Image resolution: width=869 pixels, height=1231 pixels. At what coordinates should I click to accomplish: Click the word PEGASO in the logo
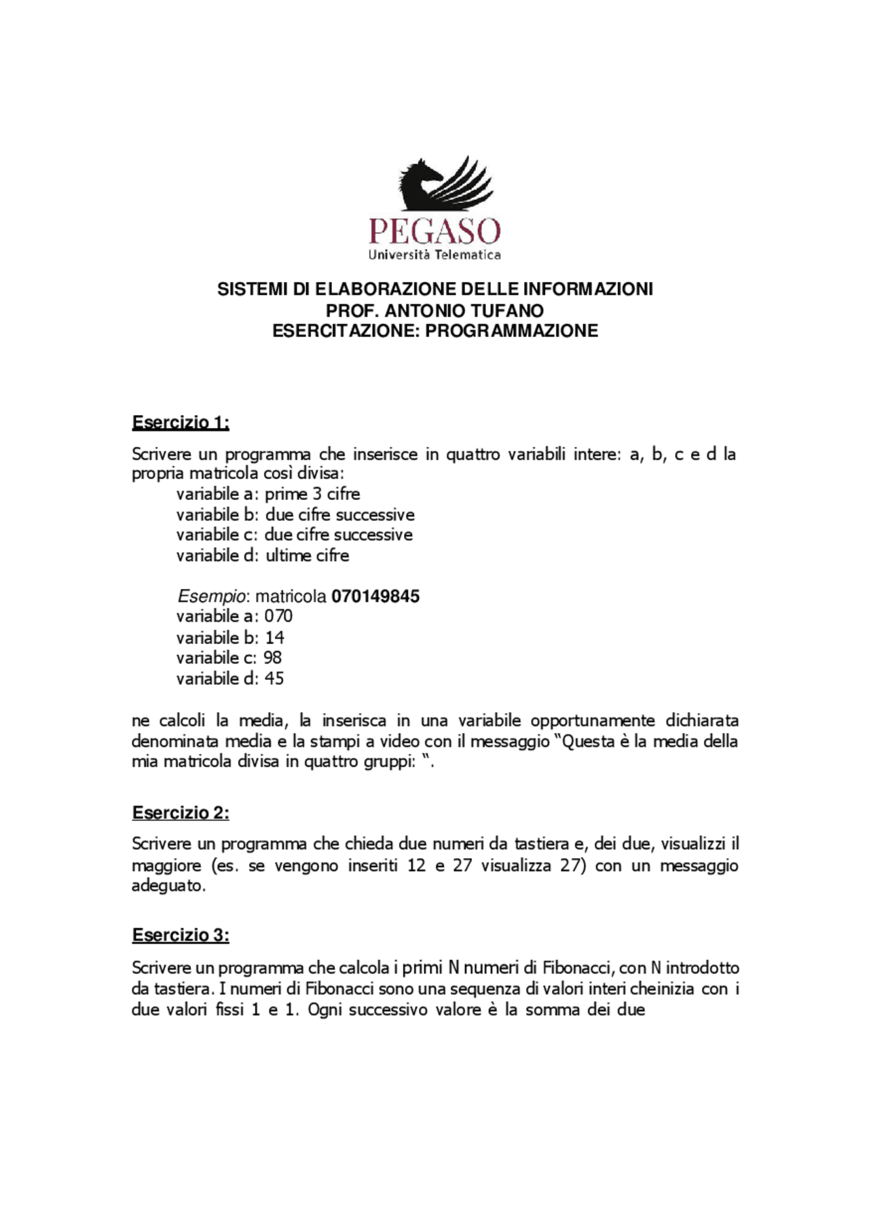pos(434,232)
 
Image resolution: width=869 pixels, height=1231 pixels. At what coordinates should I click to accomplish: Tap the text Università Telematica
pos(434,255)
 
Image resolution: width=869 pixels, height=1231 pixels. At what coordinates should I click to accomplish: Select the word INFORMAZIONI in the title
pos(588,289)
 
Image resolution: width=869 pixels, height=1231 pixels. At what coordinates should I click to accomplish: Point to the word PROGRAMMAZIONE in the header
pos(512,332)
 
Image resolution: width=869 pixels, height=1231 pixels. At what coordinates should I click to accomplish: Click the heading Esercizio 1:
pos(181,423)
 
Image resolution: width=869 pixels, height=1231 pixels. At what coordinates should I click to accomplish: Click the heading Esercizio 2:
pos(181,813)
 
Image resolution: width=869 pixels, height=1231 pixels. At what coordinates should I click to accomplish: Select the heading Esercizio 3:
pos(181,935)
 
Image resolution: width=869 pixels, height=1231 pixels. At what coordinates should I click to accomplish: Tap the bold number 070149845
pos(375,596)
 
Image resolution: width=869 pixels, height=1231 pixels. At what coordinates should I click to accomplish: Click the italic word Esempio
pos(211,596)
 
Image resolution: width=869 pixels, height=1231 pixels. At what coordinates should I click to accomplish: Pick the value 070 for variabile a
pos(278,616)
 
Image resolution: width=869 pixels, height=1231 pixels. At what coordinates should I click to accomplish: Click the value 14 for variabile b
pos(274,638)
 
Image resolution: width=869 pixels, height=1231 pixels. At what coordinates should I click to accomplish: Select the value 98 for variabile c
pos(272,658)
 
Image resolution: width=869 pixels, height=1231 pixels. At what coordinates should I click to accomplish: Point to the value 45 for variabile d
pos(274,679)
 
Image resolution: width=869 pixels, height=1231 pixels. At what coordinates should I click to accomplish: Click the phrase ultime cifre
pos(307,556)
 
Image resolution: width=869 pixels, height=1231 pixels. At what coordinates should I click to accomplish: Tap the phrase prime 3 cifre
pos(312,494)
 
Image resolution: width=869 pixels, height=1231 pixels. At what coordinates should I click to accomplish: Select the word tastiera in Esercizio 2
pos(542,844)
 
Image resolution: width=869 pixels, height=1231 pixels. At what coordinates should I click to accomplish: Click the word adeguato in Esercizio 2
pos(168,886)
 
